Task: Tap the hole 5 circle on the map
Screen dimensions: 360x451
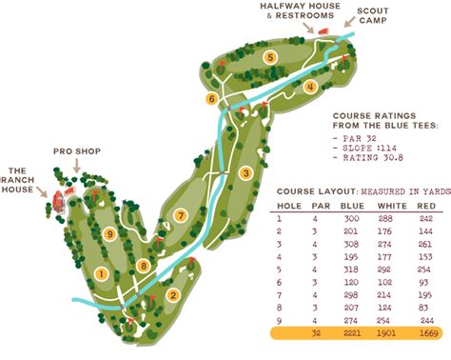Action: tap(270, 58)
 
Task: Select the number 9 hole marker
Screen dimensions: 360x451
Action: tap(110, 233)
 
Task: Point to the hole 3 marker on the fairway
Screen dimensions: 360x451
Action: tap(245, 172)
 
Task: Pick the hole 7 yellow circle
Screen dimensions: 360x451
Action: tap(179, 215)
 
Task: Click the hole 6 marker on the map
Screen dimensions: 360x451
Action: tap(211, 98)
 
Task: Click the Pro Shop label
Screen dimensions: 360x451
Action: tap(74, 150)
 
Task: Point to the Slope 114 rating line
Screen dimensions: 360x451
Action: tap(371, 148)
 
